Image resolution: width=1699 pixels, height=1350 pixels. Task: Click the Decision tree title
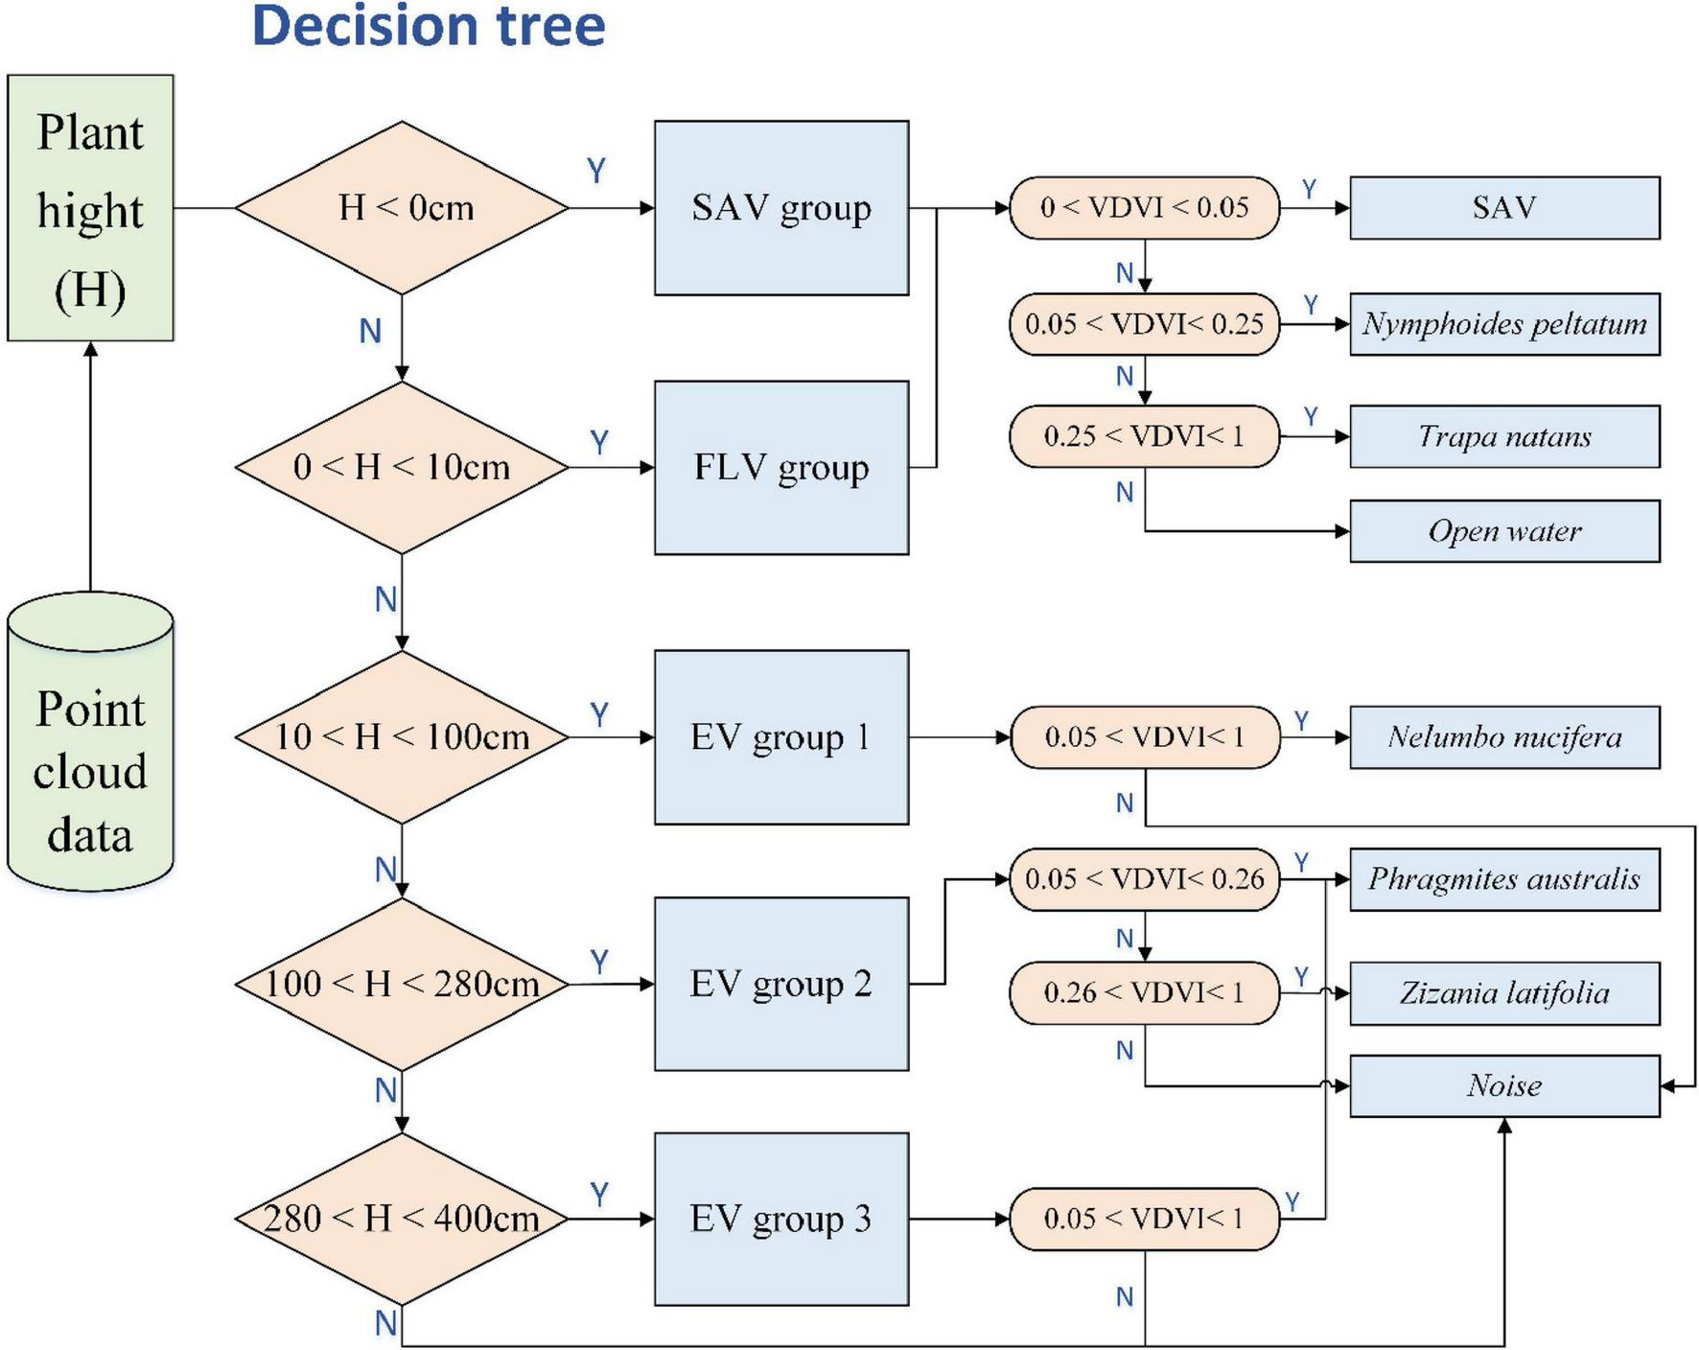[x=428, y=26]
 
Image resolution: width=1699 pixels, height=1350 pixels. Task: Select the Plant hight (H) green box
[x=90, y=208]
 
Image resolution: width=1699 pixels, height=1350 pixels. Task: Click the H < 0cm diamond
[x=403, y=208]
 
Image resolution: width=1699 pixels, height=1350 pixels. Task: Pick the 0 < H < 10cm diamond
[x=403, y=468]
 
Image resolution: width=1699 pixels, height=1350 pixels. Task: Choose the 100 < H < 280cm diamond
[x=403, y=984]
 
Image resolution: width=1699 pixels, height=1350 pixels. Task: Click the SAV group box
[x=781, y=208]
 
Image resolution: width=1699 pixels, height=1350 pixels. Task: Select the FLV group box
[x=781, y=468]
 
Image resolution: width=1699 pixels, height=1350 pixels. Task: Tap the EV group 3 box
[x=781, y=1219]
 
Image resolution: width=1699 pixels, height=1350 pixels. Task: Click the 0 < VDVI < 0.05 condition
[x=1144, y=207]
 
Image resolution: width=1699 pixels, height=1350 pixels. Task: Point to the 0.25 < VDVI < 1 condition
[x=1144, y=436]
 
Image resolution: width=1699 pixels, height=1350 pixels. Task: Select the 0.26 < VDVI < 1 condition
[x=1144, y=992]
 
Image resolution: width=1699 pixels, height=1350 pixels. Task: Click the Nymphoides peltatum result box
[x=1504, y=324]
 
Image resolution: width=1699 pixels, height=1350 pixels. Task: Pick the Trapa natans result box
[x=1504, y=436]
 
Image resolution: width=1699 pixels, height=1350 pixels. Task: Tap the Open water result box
[x=1504, y=531]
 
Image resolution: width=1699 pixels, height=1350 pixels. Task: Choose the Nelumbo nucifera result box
[x=1504, y=737]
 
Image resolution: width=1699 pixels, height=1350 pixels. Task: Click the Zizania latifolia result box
[x=1504, y=993]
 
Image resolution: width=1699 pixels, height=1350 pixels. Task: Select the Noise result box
[x=1504, y=1086]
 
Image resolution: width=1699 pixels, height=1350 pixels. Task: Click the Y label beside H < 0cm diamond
[x=596, y=171]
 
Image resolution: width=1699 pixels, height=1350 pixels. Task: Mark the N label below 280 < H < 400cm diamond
[x=385, y=1323]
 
